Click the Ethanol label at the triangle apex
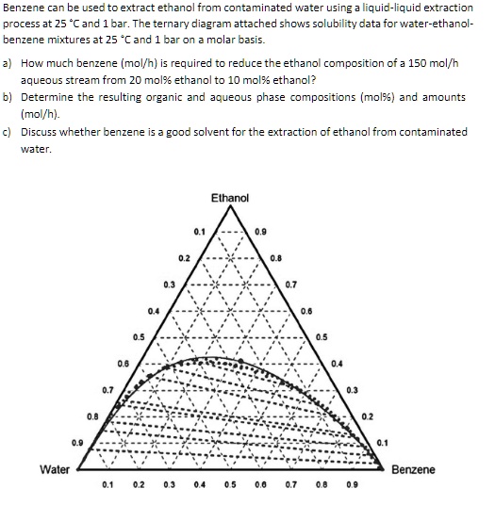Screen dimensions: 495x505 [230, 198]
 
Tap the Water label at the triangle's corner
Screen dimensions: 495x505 [57, 468]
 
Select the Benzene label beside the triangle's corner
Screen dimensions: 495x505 [412, 468]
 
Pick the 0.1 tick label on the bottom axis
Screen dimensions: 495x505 [107, 488]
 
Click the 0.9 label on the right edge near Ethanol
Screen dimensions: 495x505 [260, 231]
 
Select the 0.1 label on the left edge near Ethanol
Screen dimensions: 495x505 [198, 231]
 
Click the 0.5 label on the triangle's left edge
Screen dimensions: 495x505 [138, 336]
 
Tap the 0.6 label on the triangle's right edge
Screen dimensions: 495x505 [306, 310]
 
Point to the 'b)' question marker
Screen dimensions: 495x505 [8, 98]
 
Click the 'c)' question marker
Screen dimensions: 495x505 [8, 133]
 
